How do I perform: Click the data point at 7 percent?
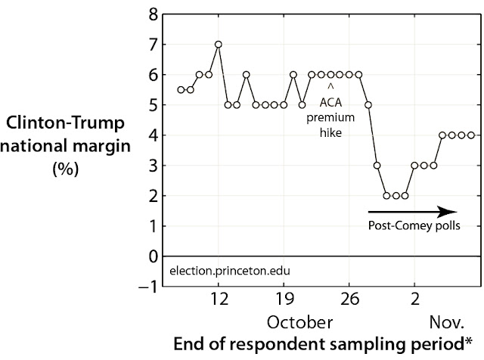[x=219, y=45]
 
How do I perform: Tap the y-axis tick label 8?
[x=153, y=14]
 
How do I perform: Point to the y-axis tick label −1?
[x=148, y=287]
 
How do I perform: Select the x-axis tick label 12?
[x=219, y=299]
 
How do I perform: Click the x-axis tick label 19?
[x=284, y=299]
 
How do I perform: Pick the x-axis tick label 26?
[x=349, y=299]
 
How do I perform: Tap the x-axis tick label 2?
[x=415, y=299]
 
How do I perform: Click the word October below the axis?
[x=299, y=323]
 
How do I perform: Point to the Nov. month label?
[x=447, y=323]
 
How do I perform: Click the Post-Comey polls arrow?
[x=412, y=212]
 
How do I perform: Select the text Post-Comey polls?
[x=414, y=225]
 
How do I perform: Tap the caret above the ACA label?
[x=330, y=87]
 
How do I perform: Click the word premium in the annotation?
[x=330, y=118]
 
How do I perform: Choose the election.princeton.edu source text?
[x=230, y=271]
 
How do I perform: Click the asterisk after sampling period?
[x=469, y=341]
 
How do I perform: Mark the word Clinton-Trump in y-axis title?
[x=65, y=123]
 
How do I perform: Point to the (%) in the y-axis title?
[x=66, y=169]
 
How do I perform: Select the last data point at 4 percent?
[x=471, y=135]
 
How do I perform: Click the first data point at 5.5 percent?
[x=181, y=90]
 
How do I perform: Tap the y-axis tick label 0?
[x=153, y=256]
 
